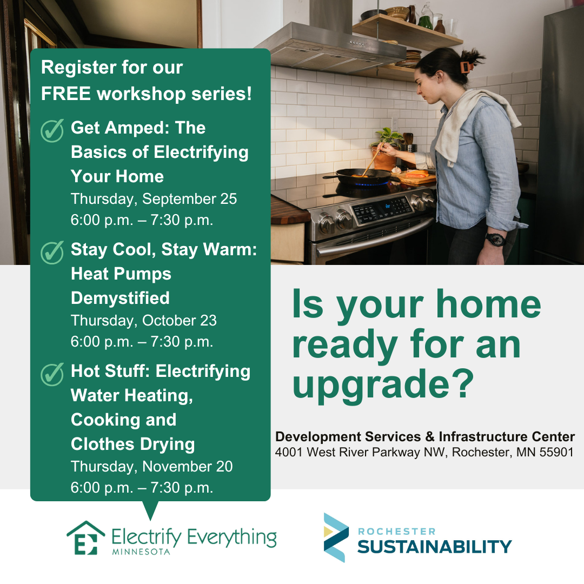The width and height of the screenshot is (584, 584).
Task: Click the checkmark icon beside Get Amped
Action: click(x=52, y=131)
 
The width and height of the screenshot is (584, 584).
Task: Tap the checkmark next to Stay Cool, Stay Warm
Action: click(x=52, y=253)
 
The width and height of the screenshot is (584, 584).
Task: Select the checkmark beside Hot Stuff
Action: click(x=52, y=374)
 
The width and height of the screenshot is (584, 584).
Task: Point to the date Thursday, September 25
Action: click(x=154, y=199)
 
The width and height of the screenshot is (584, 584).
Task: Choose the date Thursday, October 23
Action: click(x=143, y=321)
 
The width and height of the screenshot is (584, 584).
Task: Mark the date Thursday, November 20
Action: click(x=151, y=467)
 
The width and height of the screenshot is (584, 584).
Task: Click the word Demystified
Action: click(x=120, y=298)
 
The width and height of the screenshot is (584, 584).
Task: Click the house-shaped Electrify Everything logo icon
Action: click(x=85, y=537)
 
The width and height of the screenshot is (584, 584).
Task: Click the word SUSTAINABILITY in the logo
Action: click(x=434, y=547)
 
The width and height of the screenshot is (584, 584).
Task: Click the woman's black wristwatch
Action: click(x=495, y=238)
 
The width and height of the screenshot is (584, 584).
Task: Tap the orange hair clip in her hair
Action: click(x=464, y=67)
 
